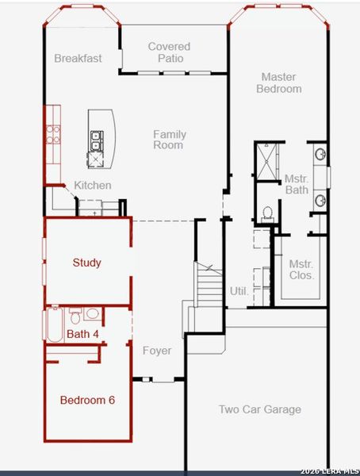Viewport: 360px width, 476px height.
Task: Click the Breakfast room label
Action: click(x=78, y=58)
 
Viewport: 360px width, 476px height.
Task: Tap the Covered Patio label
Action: click(x=169, y=52)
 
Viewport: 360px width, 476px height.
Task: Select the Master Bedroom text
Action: click(x=278, y=83)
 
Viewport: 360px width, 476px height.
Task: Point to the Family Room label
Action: click(x=169, y=140)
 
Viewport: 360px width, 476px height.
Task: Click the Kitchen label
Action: click(x=93, y=185)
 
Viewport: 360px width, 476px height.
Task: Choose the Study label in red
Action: click(x=86, y=263)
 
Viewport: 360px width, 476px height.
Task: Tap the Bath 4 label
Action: click(x=82, y=334)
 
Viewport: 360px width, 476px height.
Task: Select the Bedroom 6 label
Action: click(x=87, y=400)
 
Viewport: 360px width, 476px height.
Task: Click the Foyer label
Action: click(x=157, y=351)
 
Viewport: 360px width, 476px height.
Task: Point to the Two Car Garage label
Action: click(x=260, y=409)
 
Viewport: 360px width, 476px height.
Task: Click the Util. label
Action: click(x=239, y=291)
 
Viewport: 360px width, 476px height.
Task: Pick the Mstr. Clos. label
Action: click(x=301, y=270)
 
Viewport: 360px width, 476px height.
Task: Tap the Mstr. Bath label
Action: click(x=296, y=184)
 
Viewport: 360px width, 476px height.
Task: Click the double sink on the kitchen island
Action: click(x=96, y=140)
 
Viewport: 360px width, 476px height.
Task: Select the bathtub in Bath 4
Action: click(x=54, y=325)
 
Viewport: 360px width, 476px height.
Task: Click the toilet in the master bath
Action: click(x=267, y=213)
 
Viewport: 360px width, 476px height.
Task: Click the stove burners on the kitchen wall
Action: click(x=53, y=134)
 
